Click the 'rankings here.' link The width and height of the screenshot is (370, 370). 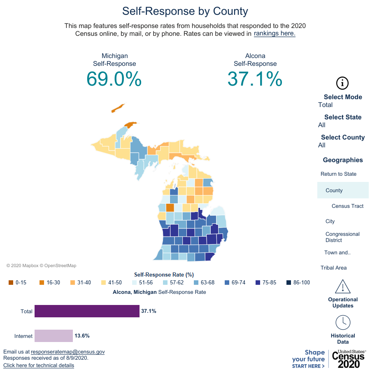275,33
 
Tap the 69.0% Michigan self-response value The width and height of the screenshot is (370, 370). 114,79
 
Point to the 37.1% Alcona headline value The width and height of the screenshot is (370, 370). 255,79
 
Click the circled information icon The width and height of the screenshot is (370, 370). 342,83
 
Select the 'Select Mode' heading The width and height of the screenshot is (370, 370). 343,97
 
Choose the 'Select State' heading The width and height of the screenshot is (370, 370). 343,117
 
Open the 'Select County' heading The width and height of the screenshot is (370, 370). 343,137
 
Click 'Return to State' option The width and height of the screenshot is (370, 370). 338,174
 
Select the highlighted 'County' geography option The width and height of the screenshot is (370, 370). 334,191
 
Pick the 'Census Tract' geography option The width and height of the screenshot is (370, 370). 347,206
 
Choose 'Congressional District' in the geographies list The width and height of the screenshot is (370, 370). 342,237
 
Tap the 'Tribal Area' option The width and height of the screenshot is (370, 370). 333,268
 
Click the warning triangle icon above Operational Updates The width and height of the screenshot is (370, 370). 342,286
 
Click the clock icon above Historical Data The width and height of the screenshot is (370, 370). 343,322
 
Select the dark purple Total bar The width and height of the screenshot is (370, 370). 87,311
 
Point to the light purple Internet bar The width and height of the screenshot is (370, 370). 54,336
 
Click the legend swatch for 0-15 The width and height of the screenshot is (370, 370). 11,282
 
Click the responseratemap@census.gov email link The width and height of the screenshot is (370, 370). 68,352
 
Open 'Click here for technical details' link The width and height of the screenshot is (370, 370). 39,365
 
